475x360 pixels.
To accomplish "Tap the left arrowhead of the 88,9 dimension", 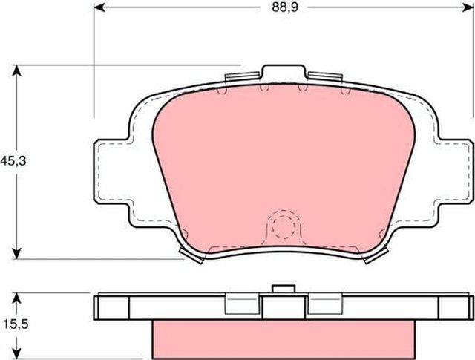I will (x=99, y=10).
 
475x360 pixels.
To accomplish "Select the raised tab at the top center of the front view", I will (x=283, y=72).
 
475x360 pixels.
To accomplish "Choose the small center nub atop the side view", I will (x=282, y=289).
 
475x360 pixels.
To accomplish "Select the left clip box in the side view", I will (x=240, y=303).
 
